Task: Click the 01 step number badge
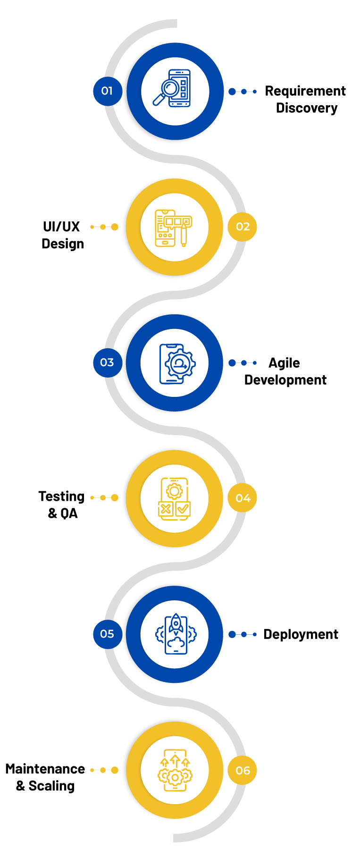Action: [108, 91]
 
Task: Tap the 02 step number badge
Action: [243, 227]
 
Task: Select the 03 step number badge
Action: [108, 362]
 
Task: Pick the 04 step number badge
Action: [243, 498]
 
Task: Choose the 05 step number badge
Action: [108, 634]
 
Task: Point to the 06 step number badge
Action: [243, 770]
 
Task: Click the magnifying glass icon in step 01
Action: [166, 92]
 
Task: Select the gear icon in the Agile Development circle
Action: [180, 364]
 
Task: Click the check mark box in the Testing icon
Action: [183, 509]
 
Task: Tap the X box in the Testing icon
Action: [166, 509]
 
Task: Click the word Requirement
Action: [305, 92]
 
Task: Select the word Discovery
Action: [307, 108]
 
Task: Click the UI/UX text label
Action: [61, 227]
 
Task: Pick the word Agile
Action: [284, 363]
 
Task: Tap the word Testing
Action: [61, 497]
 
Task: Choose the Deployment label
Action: [301, 635]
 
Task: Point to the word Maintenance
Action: [45, 769]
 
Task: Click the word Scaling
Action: [52, 786]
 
